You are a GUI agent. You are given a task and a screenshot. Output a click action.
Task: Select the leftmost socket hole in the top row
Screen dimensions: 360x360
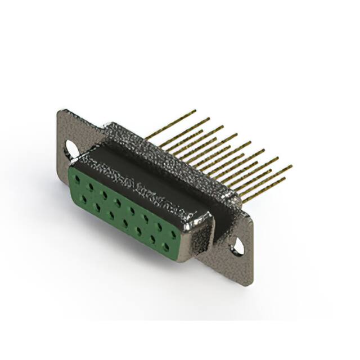[78, 181]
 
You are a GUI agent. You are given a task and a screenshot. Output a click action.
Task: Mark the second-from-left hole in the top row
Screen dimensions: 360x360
[91, 187]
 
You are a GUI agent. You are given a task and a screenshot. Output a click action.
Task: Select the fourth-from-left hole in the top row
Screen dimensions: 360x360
[118, 202]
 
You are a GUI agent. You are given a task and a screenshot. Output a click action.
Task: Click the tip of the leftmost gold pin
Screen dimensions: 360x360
[195, 111]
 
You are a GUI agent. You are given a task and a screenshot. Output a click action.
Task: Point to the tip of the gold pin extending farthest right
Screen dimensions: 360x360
[291, 166]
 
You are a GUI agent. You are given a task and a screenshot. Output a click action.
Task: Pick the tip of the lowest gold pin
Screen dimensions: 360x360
[285, 179]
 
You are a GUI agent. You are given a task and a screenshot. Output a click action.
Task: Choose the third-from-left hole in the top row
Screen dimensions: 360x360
[105, 195]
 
